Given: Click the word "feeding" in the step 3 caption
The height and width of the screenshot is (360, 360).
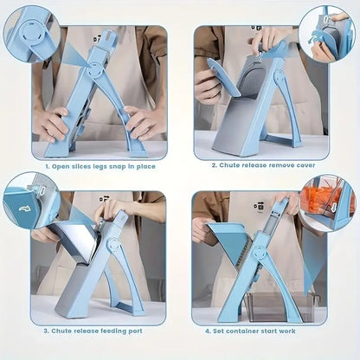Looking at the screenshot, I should (x=115, y=330).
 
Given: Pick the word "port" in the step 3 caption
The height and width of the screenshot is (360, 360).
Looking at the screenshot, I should (x=141, y=330).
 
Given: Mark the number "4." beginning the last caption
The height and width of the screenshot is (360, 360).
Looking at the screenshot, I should (x=209, y=330).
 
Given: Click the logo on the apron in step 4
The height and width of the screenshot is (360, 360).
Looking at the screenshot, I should (x=259, y=208).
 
